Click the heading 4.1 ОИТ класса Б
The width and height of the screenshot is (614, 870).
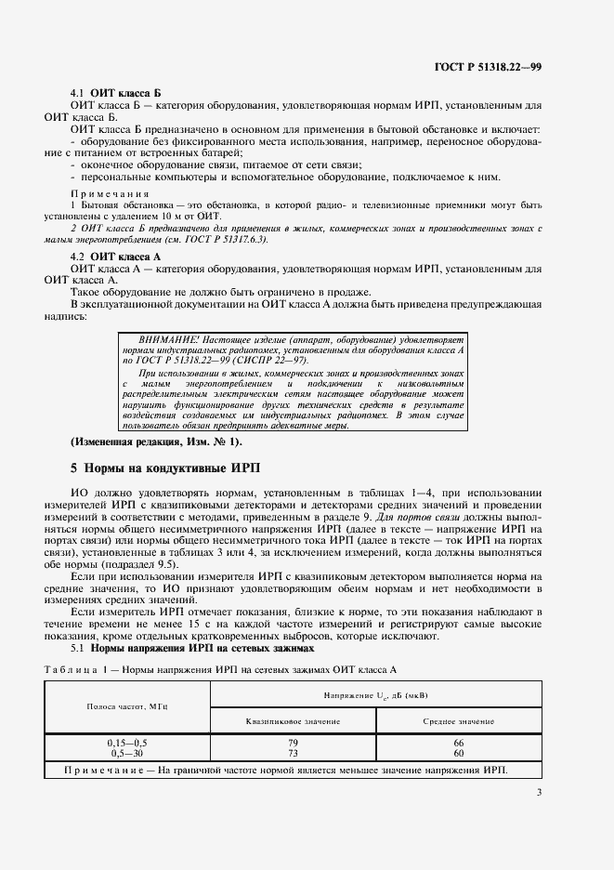tap(117, 95)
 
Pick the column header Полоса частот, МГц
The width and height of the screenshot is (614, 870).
tap(128, 706)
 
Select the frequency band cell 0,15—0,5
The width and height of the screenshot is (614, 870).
tap(128, 744)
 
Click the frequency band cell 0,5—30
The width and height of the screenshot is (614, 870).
tap(128, 753)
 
